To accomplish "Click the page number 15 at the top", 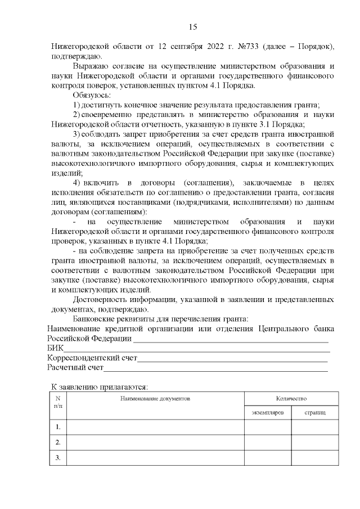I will coord(192,27).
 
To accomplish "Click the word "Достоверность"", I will coord(103,299).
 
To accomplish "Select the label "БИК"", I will coord(55,349).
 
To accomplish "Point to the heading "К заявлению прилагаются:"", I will coord(100,387).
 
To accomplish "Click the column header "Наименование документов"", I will coord(155,398).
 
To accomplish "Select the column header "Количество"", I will coord(291,398).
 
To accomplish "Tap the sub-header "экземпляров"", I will coord(268,413).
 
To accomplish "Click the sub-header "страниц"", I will coord(314,413).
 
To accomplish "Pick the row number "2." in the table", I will coord(58,443).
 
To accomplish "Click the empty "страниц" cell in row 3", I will coord(314,458).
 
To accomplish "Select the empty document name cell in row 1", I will coord(155,427).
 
